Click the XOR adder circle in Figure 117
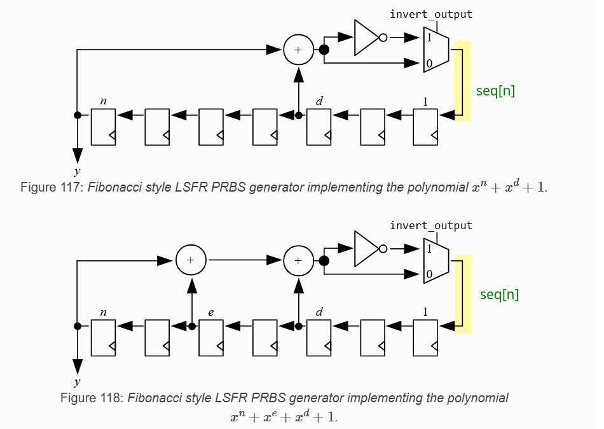(299, 50)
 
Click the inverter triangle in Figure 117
(366, 37)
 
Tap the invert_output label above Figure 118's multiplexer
(431, 225)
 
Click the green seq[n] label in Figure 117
(495, 91)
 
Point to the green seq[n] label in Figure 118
(499, 295)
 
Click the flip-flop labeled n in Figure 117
(103, 127)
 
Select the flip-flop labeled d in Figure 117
(319, 127)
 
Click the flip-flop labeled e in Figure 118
(211, 337)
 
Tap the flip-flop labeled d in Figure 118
(319, 337)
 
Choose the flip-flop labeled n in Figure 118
(103, 337)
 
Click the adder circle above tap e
(191, 260)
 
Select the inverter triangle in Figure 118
(366, 248)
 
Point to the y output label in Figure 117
(77, 171)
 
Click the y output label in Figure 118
(77, 382)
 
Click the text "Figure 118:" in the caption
(92, 398)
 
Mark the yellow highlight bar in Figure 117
(462, 80)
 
